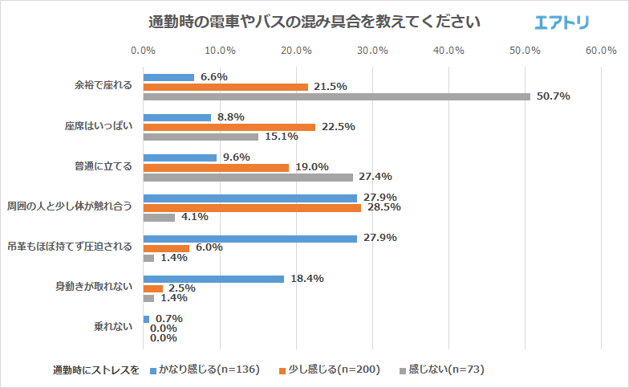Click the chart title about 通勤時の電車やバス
pyautogui.click(x=314, y=22)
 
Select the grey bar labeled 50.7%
pyautogui.click(x=336, y=96)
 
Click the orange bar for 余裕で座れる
pyautogui.click(x=225, y=87)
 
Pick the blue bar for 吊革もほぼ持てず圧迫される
pyautogui.click(x=250, y=239)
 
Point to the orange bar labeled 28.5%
pyautogui.click(x=252, y=207)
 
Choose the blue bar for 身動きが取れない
pyautogui.click(x=213, y=279)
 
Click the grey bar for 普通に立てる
pyautogui.click(x=248, y=177)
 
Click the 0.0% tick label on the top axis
pyautogui.click(x=143, y=51)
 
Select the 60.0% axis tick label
pyautogui.click(x=601, y=51)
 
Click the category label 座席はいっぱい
pyautogui.click(x=98, y=127)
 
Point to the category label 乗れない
pyautogui.click(x=112, y=328)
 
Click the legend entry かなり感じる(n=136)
pyautogui.click(x=209, y=370)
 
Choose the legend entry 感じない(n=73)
pyautogui.click(x=446, y=370)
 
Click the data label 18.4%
pyautogui.click(x=307, y=279)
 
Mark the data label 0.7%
pyautogui.click(x=168, y=319)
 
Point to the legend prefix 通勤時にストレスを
pyautogui.click(x=96, y=370)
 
